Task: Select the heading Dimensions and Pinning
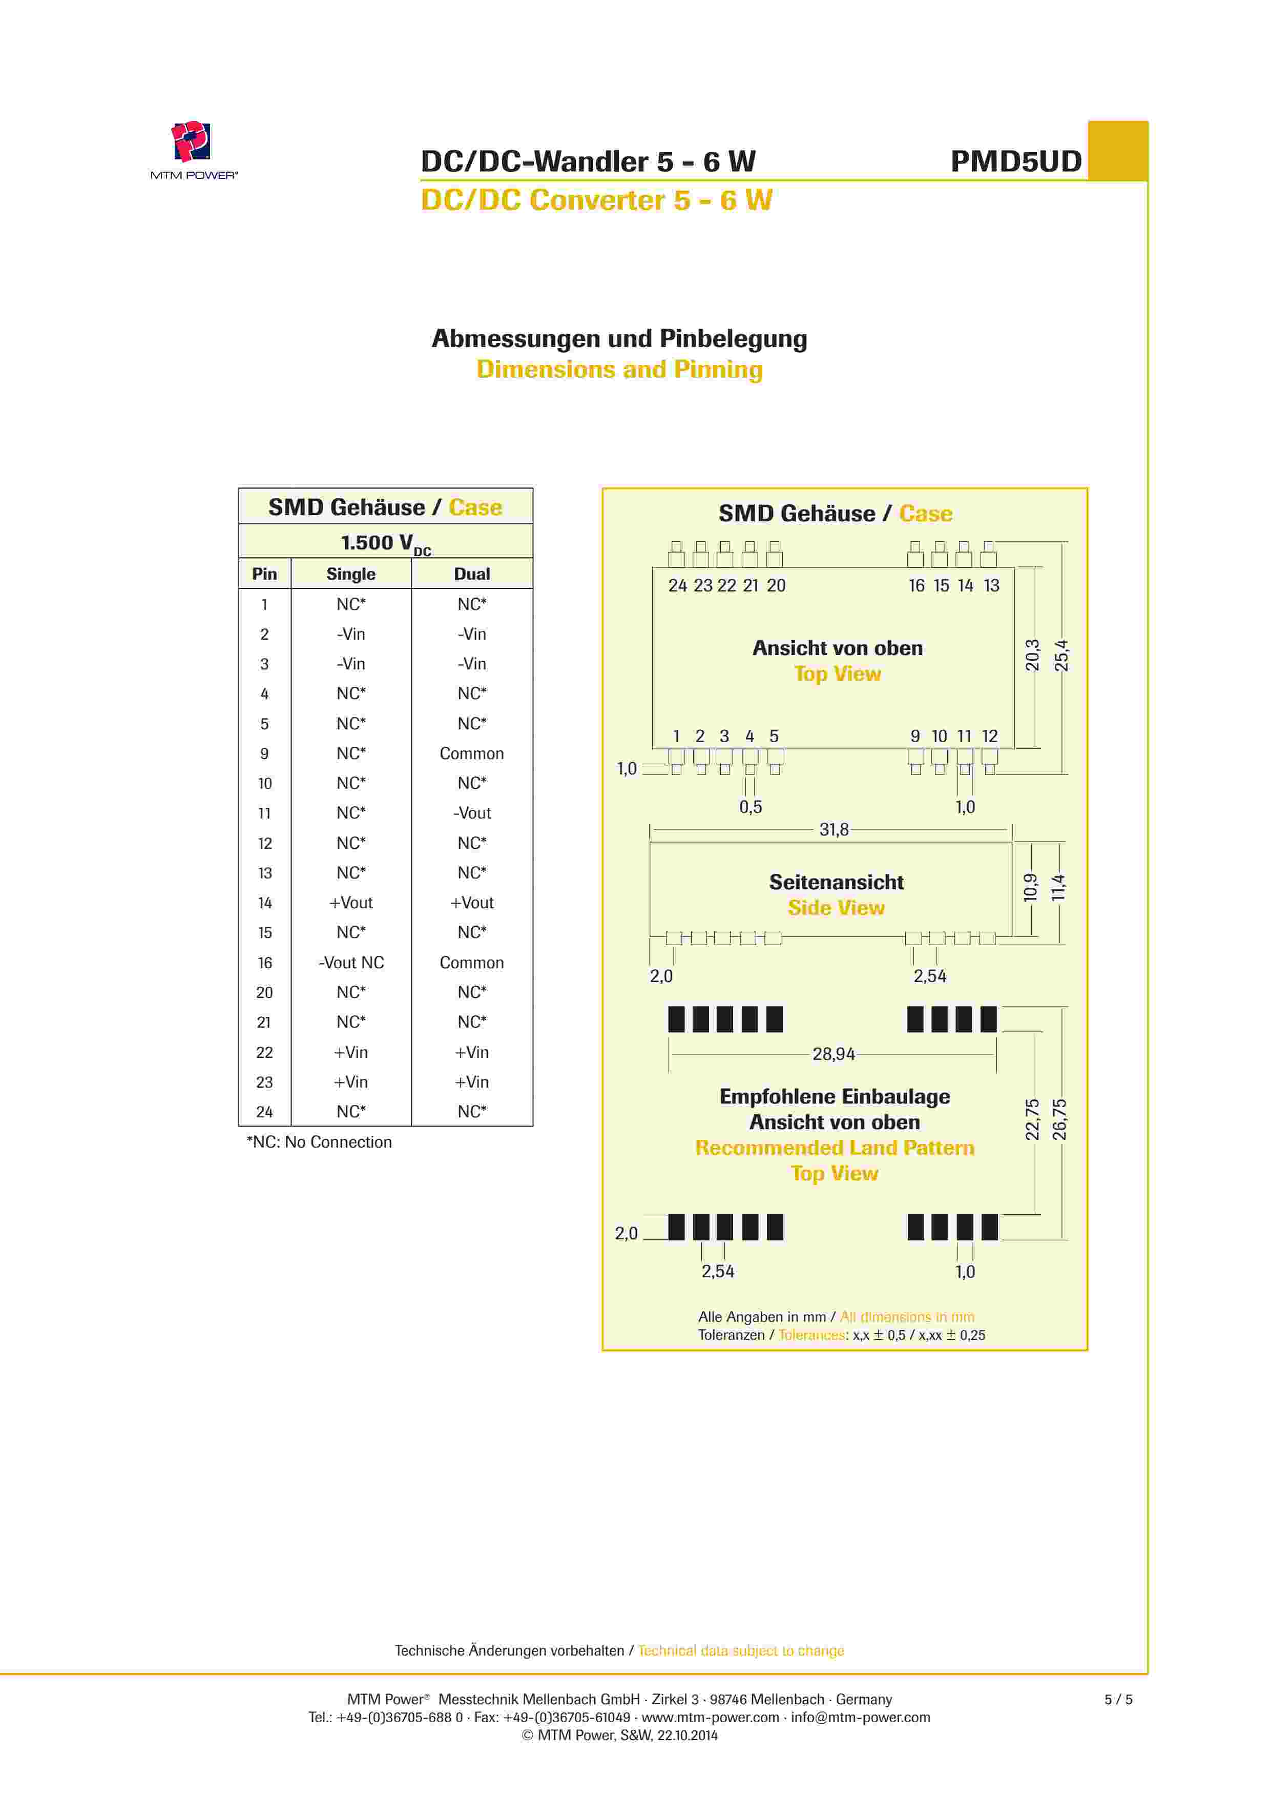coord(619,369)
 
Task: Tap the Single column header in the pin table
coord(350,574)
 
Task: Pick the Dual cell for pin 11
coord(471,813)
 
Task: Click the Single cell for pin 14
coord(350,903)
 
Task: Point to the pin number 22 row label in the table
coord(264,1053)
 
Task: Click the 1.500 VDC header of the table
coord(386,543)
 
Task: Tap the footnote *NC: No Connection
coord(319,1142)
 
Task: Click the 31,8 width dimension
coord(834,829)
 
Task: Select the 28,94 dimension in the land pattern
coord(834,1054)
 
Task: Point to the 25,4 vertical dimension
coord(1061,656)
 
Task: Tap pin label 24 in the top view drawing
coord(677,586)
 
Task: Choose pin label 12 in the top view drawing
coord(990,736)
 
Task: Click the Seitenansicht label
coord(836,882)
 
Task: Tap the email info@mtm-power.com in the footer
coord(860,1717)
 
